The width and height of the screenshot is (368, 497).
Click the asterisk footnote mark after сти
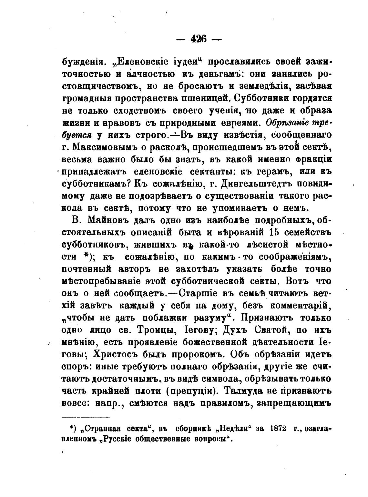tap(87, 257)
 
